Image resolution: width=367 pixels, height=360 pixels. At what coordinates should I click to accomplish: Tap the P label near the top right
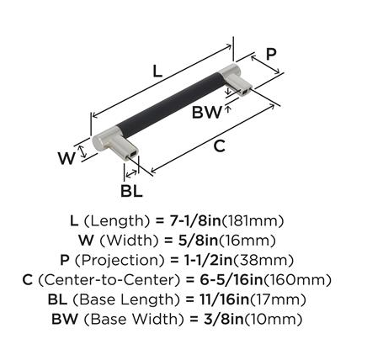(x=271, y=54)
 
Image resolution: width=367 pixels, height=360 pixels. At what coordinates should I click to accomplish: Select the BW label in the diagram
(x=206, y=112)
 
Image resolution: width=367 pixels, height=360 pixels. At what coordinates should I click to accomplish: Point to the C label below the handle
(x=220, y=146)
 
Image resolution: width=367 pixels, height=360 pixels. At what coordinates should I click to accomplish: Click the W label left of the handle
(x=66, y=158)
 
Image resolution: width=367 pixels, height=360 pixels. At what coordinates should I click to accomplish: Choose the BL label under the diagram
(x=131, y=192)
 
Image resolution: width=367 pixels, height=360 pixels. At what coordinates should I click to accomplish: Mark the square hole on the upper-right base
(x=245, y=92)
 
